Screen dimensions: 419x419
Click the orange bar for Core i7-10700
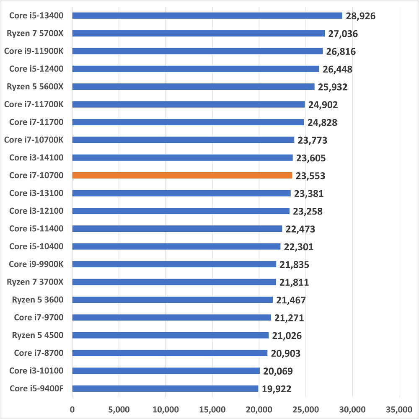[x=182, y=176]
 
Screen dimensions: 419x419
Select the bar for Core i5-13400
[x=207, y=16]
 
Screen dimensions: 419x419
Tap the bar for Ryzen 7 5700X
[x=198, y=34]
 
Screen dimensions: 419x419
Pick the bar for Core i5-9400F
[x=165, y=388]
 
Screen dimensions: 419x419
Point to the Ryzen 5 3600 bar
[x=172, y=300]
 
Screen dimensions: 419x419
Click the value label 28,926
[x=360, y=16]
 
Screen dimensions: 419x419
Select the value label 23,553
[x=310, y=176]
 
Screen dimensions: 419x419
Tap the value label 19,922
[x=277, y=389]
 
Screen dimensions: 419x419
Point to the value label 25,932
[x=333, y=87]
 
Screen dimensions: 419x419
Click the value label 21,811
[x=294, y=282]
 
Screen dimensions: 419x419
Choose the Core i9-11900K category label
[x=34, y=51]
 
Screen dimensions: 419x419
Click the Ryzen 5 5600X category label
[x=35, y=87]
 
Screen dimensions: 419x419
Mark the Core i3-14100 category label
[x=36, y=158]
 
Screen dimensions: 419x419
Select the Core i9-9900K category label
[x=36, y=264]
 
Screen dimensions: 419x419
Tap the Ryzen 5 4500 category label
[x=38, y=335]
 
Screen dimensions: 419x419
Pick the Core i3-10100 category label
[x=36, y=370]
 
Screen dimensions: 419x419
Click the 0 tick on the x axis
[x=72, y=409]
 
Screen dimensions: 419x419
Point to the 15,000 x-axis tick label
[x=212, y=409]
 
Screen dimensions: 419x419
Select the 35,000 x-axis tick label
[x=398, y=409]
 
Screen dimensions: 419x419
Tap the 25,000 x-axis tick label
[x=305, y=409]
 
